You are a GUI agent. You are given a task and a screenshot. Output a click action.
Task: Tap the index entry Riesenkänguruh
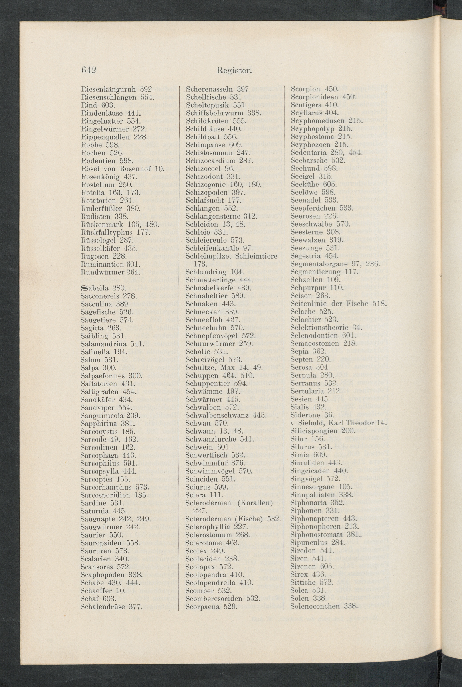pos(108,89)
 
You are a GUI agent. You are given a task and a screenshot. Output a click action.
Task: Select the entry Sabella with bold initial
pos(95,288)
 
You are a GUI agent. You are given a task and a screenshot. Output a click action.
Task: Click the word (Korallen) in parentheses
pos(255,503)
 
